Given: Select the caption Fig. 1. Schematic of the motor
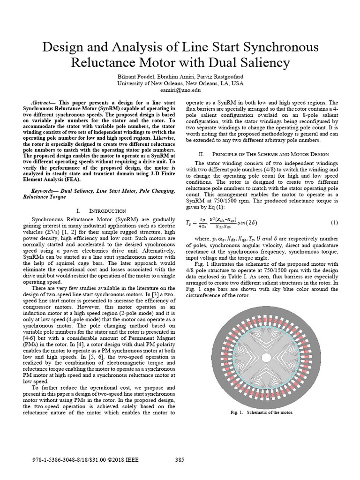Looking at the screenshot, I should pyautogui.click(x=262, y=412).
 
